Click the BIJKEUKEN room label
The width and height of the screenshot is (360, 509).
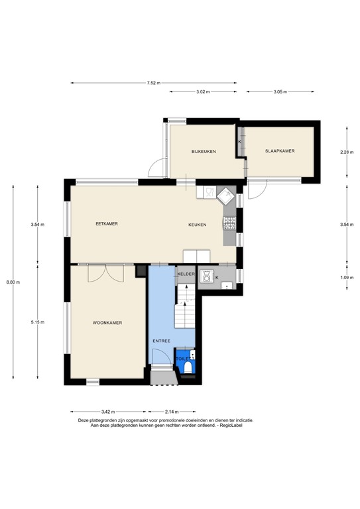(x=204, y=152)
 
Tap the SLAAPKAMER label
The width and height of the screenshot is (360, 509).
(x=280, y=151)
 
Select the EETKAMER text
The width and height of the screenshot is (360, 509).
(x=107, y=223)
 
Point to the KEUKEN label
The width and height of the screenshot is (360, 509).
(x=198, y=225)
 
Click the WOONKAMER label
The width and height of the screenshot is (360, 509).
(x=107, y=323)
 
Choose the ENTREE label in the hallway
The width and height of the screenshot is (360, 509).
(x=162, y=341)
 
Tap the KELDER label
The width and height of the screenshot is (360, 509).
(x=186, y=274)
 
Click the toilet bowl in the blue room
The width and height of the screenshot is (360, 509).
(x=188, y=367)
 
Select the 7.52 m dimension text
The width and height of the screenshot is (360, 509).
(x=154, y=83)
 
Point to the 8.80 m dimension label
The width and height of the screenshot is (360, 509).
(x=13, y=282)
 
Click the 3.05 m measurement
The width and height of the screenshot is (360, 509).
(x=280, y=92)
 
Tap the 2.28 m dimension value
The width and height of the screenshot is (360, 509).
(x=347, y=152)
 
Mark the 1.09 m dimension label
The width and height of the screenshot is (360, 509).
(x=347, y=278)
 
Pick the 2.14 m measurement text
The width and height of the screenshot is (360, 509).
(x=172, y=412)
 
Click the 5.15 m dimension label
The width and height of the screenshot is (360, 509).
(x=38, y=322)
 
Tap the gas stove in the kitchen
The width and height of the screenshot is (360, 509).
(x=229, y=223)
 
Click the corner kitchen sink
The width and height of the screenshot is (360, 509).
(x=226, y=196)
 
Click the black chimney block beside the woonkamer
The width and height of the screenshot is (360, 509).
(x=141, y=271)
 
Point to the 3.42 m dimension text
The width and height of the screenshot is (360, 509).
(x=108, y=412)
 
